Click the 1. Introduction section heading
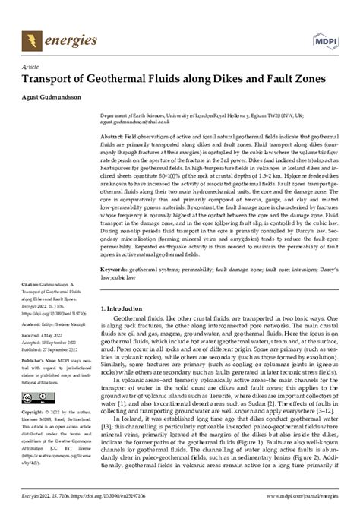(126, 309)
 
